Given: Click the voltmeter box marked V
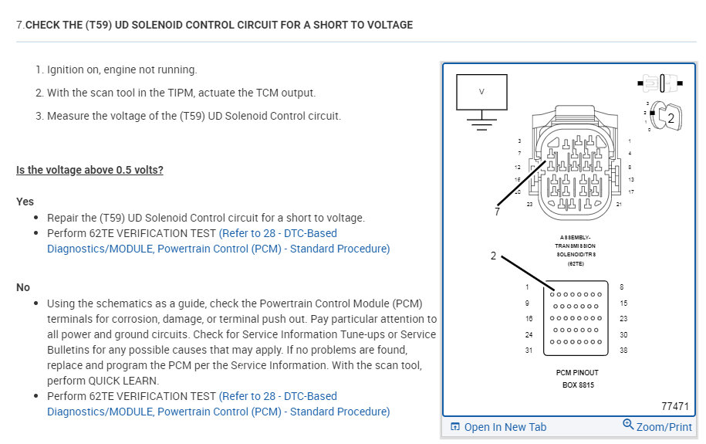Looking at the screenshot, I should [481, 91].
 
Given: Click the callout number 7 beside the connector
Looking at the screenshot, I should [498, 212].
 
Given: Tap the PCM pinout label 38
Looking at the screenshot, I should [623, 350].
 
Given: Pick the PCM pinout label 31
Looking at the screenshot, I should [529, 350].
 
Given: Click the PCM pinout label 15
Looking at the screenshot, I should [623, 303].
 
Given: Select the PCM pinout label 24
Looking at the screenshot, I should [529, 334].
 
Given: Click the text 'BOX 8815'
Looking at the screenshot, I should [576, 384].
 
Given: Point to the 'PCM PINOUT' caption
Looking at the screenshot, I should [576, 372].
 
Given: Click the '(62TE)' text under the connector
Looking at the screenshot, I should [576, 263].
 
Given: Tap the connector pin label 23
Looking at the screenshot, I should [529, 204].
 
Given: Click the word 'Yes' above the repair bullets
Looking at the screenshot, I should [25, 201].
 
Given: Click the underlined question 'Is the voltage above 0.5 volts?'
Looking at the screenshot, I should [90, 170].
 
